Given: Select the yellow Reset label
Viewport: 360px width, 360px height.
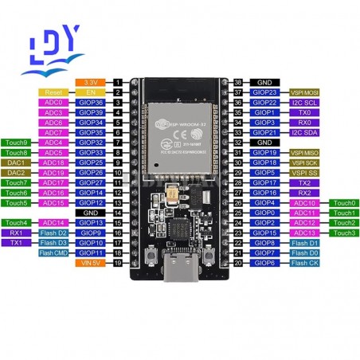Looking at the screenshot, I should [x=53, y=92].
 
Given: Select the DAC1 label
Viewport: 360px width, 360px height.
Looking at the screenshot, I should [x=17, y=162].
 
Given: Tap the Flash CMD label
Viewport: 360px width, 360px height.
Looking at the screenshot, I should [x=53, y=252].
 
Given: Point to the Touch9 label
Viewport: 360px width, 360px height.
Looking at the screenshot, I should [x=17, y=142].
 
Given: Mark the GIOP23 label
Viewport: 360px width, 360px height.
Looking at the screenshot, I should [x=265, y=92].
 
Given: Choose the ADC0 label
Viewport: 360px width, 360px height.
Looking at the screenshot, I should [x=53, y=102].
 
